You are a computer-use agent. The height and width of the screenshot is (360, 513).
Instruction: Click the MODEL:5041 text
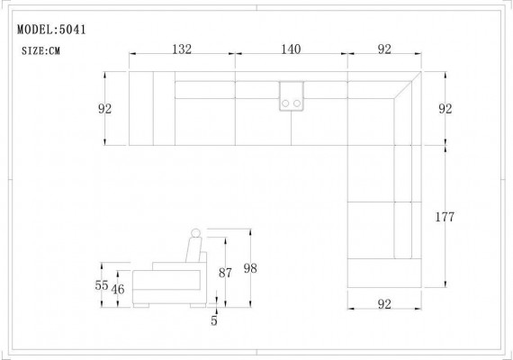[51, 30]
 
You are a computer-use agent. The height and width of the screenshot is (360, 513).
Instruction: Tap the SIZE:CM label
[40, 50]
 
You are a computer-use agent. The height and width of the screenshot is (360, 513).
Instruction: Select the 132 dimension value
[182, 49]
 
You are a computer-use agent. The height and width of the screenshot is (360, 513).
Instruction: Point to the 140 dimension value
[291, 49]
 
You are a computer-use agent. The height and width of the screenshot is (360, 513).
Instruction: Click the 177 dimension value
[445, 217]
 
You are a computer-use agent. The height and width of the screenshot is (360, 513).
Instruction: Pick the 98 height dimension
[250, 268]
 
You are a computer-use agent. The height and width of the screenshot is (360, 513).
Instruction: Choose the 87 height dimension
[225, 273]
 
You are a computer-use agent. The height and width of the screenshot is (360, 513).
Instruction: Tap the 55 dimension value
[102, 285]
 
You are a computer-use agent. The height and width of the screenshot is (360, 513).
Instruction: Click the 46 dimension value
[118, 289]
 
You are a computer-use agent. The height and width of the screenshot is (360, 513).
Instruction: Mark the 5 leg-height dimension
[214, 320]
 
